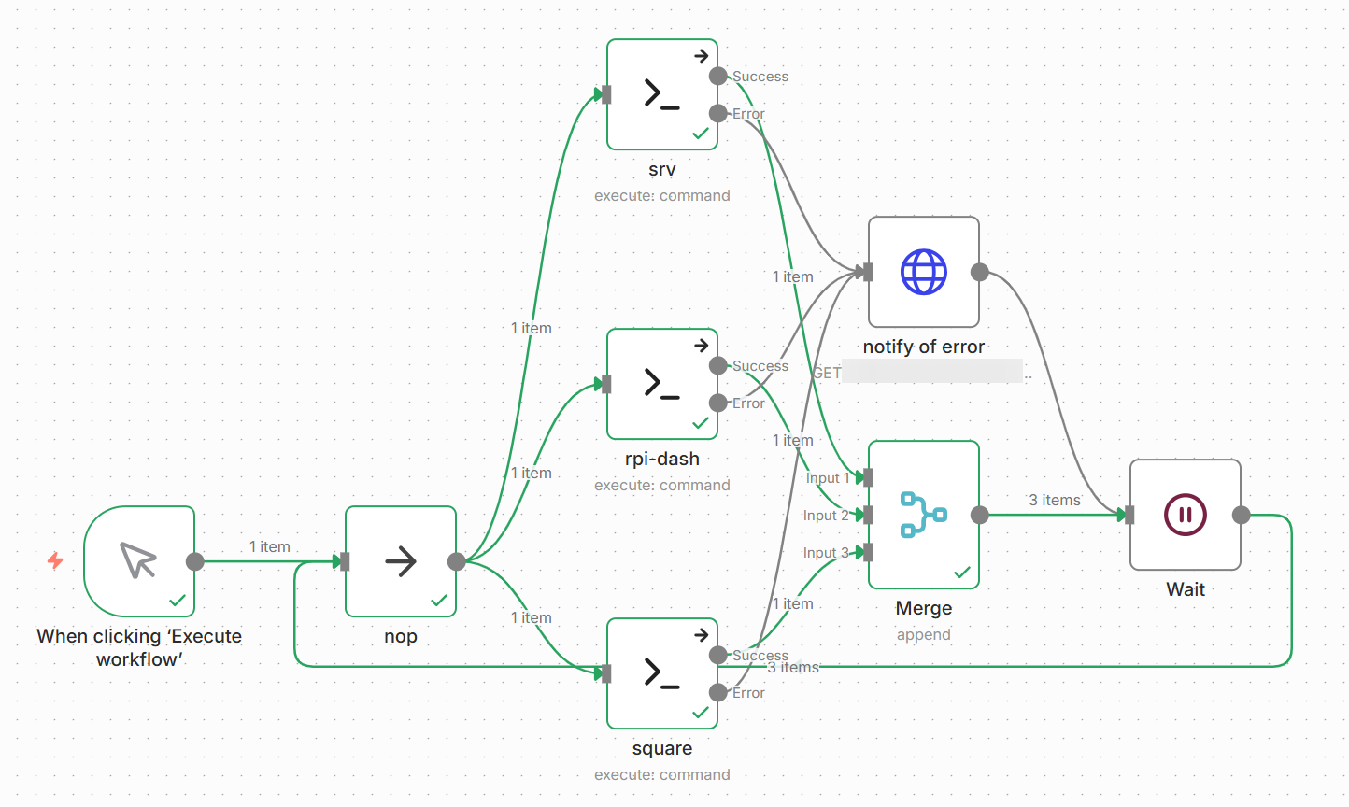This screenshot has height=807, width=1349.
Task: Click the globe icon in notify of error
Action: tap(923, 272)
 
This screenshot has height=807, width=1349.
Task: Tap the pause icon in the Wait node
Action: tap(1185, 515)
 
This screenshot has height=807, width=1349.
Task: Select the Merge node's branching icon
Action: tap(923, 515)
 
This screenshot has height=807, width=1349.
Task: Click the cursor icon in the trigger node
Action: tap(138, 560)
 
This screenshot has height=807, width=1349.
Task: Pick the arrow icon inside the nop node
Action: tap(401, 561)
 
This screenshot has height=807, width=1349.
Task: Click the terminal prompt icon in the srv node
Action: tap(661, 94)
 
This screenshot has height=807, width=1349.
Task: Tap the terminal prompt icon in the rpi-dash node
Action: tap(661, 384)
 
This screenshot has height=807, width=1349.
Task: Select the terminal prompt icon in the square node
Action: tap(661, 673)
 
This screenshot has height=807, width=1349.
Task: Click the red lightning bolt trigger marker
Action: tap(55, 560)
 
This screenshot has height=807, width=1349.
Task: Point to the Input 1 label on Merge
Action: tap(828, 478)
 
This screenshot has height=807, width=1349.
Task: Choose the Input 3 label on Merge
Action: tap(825, 553)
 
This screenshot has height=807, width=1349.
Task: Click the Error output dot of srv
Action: tap(717, 114)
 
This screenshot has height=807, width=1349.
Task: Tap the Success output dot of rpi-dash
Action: tap(717, 365)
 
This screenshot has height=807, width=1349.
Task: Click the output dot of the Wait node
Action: tap(1241, 515)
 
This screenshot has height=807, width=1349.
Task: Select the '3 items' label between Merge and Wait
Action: tap(1055, 501)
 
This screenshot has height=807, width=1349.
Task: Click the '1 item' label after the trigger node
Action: tap(269, 546)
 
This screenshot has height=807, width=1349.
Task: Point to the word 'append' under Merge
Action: tap(923, 635)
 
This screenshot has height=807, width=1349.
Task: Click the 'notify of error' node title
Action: tap(923, 347)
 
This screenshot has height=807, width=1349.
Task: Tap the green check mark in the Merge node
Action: tap(961, 573)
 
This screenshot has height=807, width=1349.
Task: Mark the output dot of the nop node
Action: tap(456, 561)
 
